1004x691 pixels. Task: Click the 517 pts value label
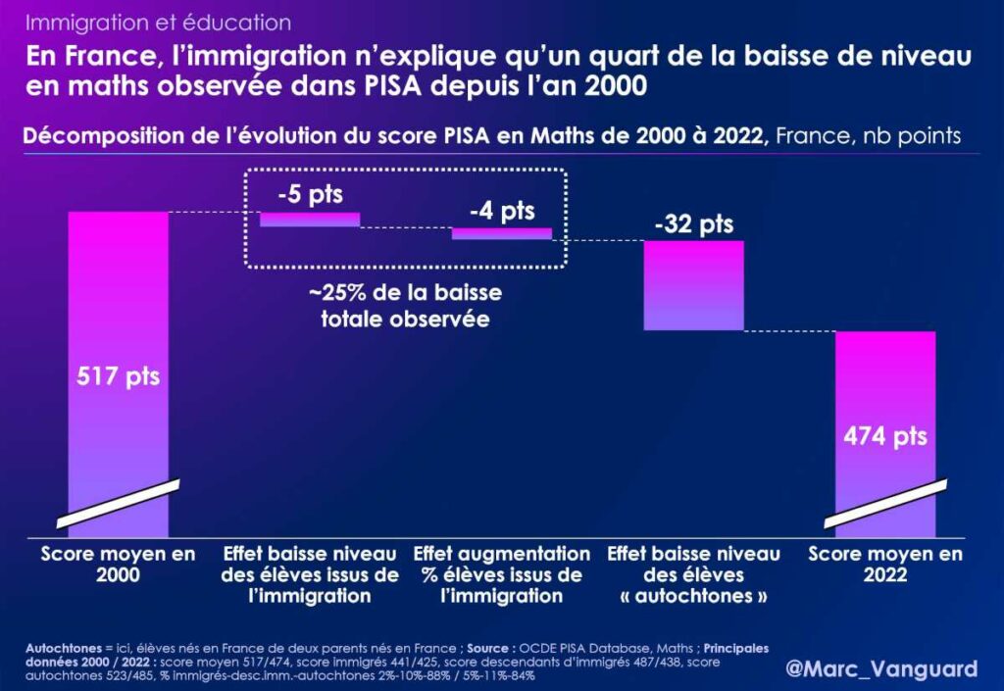(118, 376)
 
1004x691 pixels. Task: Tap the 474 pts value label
(885, 435)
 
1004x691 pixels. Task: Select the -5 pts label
(310, 194)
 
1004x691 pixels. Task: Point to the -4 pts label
(501, 211)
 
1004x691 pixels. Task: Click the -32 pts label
(693, 224)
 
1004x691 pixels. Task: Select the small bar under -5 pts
(310, 219)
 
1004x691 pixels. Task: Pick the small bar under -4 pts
(501, 233)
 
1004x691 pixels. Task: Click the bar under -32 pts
(693, 285)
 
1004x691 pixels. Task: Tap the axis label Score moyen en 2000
(118, 565)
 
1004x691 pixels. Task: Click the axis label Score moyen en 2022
(885, 565)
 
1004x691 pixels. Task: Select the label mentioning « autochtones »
(693, 574)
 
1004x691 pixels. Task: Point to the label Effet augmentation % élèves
(502, 574)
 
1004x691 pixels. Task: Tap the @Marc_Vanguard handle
(881, 668)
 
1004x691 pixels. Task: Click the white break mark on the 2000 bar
(118, 503)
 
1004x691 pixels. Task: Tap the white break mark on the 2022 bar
(885, 503)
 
